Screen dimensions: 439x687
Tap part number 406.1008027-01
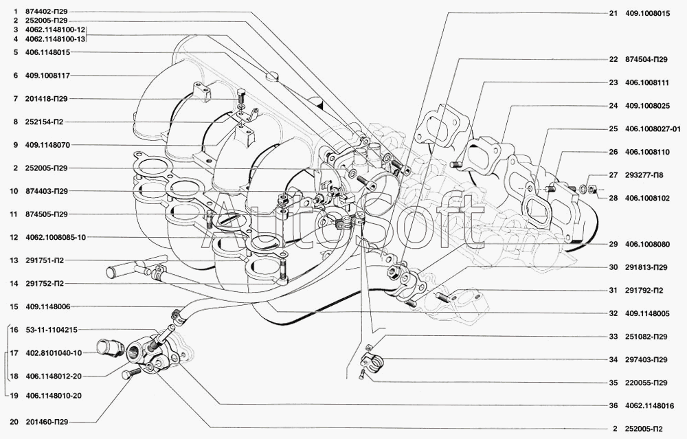point(653,128)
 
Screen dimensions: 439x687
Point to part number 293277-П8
point(645,175)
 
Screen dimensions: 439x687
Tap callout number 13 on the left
point(14,261)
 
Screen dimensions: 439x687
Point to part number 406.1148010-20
point(54,396)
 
